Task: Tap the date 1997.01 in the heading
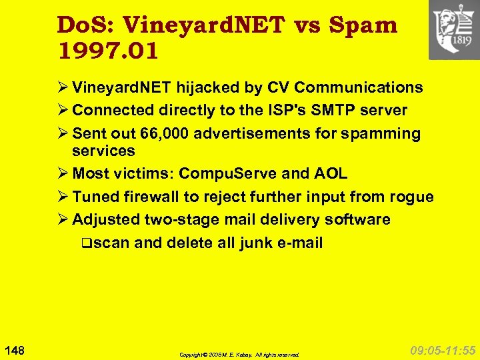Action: pyautogui.click(x=108, y=51)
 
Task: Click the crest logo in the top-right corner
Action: pyautogui.click(x=453, y=29)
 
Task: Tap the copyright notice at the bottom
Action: pyautogui.click(x=239, y=355)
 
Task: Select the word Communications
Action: pyautogui.click(x=359, y=87)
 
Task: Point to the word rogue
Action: pyautogui.click(x=413, y=197)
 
